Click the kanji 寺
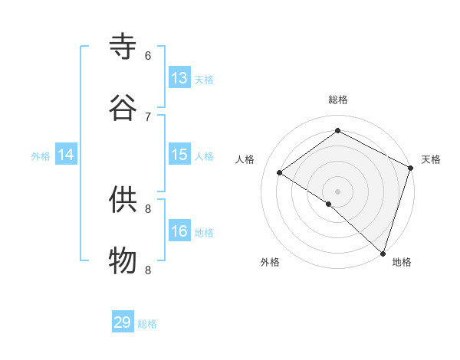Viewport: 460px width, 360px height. [x=123, y=47]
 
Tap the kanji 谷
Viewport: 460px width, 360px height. [x=123, y=108]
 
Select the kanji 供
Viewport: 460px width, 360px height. [x=123, y=199]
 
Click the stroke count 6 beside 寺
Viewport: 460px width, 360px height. [x=148, y=55]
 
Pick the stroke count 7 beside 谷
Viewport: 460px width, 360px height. [x=148, y=116]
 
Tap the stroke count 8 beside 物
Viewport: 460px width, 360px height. [x=148, y=269]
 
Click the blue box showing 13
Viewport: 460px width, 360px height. [x=179, y=78]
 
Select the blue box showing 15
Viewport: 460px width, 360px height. [x=179, y=155]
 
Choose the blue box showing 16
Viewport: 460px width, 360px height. [x=179, y=231]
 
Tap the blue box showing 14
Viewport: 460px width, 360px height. [x=66, y=155]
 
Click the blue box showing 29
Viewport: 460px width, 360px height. [x=123, y=322]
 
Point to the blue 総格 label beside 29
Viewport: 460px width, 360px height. [x=148, y=324]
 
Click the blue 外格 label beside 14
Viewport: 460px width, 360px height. [x=41, y=156]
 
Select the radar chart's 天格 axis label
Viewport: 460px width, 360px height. [x=431, y=159]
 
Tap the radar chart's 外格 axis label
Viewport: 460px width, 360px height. [x=270, y=262]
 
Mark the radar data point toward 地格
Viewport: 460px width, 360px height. [x=383, y=253]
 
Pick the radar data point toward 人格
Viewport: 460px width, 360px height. [x=280, y=172]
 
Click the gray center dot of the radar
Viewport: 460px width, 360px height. [x=337, y=191]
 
